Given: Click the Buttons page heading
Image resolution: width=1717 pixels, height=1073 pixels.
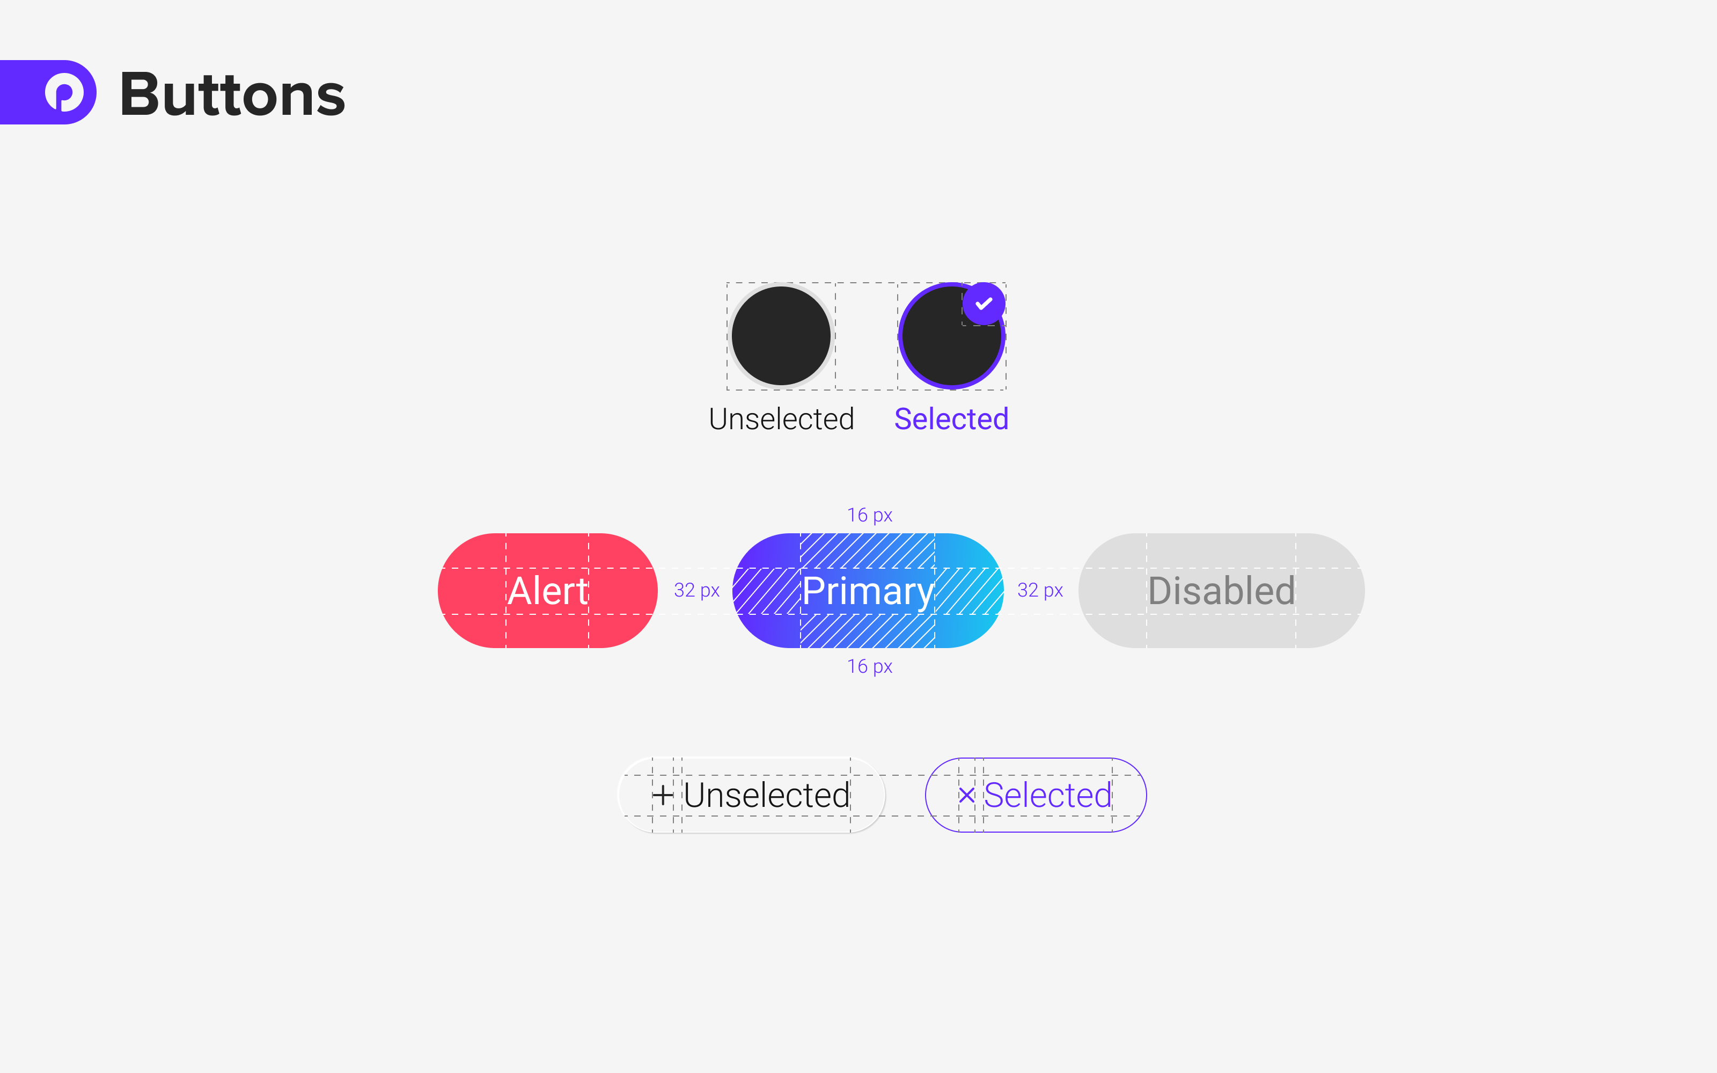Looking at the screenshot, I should click(x=232, y=94).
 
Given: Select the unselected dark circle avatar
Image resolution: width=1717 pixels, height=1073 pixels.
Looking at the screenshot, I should click(x=781, y=336).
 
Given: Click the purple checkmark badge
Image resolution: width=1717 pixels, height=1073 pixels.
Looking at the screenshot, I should click(x=984, y=304).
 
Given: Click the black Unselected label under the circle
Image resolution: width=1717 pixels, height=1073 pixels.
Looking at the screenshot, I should click(x=781, y=418).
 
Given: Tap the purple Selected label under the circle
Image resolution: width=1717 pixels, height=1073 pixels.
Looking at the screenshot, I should click(x=951, y=418).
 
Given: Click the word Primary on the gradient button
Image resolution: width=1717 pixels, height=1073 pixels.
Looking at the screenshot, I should click(x=867, y=591).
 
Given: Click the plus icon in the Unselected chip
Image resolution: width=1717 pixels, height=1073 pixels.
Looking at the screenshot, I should click(x=662, y=795).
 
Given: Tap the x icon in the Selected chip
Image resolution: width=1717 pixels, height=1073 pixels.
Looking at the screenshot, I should click(x=966, y=795).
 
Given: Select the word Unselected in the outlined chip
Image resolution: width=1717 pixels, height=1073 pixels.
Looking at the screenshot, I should click(x=766, y=795).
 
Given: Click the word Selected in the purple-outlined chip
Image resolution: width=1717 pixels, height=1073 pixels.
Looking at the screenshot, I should click(x=1047, y=795).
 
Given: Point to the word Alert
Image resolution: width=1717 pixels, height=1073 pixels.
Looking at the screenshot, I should click(x=548, y=591).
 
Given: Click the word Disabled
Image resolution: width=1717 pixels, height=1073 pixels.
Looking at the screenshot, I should click(x=1221, y=591).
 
